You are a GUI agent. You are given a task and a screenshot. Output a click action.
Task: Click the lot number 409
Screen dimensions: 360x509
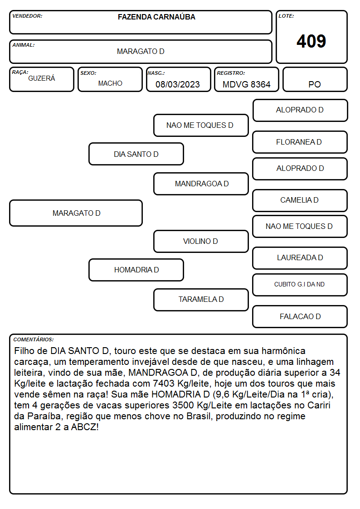point(311,41)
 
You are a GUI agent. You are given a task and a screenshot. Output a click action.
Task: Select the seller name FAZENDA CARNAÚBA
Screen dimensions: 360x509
point(156,17)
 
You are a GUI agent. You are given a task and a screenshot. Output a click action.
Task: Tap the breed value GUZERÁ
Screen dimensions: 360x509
point(42,78)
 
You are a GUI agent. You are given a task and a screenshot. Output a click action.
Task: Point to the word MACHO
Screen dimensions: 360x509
point(110,83)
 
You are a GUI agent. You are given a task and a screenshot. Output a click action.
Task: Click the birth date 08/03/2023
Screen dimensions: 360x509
point(178,84)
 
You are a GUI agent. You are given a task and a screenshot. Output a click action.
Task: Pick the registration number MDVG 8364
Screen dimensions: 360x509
point(246,84)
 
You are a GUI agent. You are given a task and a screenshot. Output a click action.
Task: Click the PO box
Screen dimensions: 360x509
point(315,79)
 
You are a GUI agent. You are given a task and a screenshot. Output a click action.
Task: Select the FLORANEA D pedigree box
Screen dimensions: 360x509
point(300,142)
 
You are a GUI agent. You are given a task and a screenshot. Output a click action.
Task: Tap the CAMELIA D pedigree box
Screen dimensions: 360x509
point(300,200)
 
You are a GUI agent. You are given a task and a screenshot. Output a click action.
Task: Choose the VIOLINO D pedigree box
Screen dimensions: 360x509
point(201,241)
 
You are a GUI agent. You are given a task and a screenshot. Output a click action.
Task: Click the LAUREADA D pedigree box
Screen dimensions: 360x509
point(300,258)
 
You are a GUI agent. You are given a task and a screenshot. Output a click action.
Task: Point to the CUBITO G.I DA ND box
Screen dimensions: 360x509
point(300,285)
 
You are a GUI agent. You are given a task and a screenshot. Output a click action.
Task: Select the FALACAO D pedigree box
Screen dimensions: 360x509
point(300,316)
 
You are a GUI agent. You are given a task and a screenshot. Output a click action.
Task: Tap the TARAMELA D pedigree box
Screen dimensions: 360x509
point(201,300)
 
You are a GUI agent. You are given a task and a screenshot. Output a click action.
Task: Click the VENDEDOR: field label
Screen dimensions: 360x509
point(27,16)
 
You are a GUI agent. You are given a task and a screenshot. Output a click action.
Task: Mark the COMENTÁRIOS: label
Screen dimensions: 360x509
point(34,339)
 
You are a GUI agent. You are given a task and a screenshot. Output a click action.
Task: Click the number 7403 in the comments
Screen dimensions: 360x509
point(164,383)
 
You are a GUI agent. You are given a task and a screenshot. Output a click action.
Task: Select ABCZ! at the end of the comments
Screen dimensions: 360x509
point(85,427)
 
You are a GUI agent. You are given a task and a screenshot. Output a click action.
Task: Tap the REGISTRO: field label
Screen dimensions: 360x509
point(231,73)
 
